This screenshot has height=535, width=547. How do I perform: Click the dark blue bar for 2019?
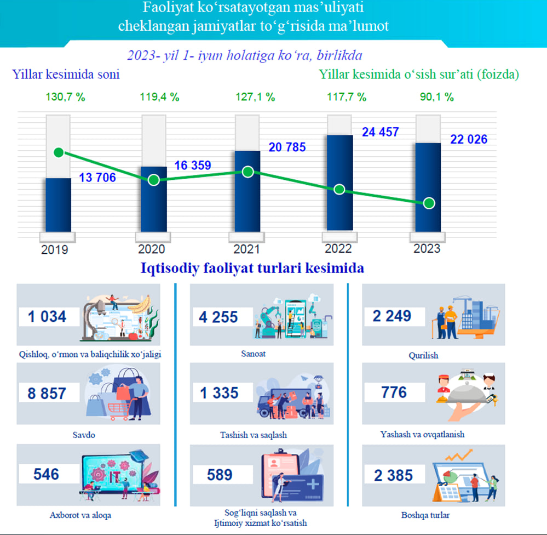point(58,206)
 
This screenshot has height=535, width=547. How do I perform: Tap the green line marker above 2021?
point(248,172)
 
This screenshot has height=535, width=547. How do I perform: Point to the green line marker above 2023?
point(429,203)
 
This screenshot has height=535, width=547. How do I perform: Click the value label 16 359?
point(192,165)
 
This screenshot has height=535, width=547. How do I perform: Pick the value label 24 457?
point(380,132)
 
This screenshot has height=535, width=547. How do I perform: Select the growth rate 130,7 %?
point(65,98)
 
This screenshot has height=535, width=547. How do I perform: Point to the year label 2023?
point(427,249)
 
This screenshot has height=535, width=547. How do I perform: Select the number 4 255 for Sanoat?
point(218,316)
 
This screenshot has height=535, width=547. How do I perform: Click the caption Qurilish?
point(423,355)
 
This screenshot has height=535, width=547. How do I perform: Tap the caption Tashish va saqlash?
point(253,435)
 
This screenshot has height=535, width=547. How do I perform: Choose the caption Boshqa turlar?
point(425,515)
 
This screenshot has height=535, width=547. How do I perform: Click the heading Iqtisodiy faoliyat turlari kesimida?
point(252,269)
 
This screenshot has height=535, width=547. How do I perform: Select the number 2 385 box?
point(393,475)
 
